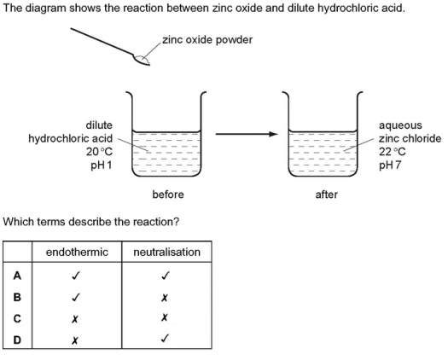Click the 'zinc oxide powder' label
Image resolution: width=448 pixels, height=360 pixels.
pos(207,40)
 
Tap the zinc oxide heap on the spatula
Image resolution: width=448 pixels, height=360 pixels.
pos(142,59)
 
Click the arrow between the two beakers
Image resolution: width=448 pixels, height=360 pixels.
pos(247,134)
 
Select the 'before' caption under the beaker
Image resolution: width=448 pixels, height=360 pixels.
pos(168,195)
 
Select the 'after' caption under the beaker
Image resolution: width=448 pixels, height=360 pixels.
pos(326,195)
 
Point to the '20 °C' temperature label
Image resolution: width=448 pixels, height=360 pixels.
pos(99,152)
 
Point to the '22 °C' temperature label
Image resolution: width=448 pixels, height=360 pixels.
pos(392,152)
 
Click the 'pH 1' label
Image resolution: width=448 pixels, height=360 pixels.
pos(102,165)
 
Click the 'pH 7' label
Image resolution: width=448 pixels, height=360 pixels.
pos(390,165)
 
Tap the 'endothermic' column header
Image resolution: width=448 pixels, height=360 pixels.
pos(77,252)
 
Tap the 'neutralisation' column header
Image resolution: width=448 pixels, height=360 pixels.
pos(167,252)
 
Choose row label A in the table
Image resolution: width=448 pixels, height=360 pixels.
pos(17,276)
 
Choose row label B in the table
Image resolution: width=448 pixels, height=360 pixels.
pos(17,297)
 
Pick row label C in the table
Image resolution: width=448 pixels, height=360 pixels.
pos(17,318)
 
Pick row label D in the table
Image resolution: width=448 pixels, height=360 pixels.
pos(17,340)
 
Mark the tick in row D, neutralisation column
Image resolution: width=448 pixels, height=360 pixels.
pos(165,339)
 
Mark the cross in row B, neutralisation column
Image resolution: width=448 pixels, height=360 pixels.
pos(164,298)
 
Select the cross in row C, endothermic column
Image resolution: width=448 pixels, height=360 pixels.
pos(74,319)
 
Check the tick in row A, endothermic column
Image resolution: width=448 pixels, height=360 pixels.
pos(76,276)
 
